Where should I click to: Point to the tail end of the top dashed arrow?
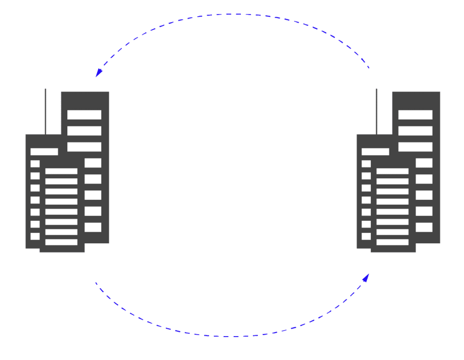[369, 67]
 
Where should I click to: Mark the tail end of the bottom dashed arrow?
[96, 282]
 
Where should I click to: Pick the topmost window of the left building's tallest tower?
[84, 115]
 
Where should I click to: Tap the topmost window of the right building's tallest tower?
[415, 115]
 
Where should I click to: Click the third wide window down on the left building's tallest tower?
[84, 147]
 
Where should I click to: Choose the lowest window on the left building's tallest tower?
[93, 227]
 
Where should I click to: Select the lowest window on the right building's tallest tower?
[424, 227]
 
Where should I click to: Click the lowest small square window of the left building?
[35, 236]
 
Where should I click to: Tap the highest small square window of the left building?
[35, 164]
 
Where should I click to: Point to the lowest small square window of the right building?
[366, 236]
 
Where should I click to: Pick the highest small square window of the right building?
[366, 164]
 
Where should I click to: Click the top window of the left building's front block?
[62, 171]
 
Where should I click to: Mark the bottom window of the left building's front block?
[62, 242]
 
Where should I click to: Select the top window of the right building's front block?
[393, 171]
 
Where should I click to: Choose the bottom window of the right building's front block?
[393, 242]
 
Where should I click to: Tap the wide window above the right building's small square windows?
[375, 151]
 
